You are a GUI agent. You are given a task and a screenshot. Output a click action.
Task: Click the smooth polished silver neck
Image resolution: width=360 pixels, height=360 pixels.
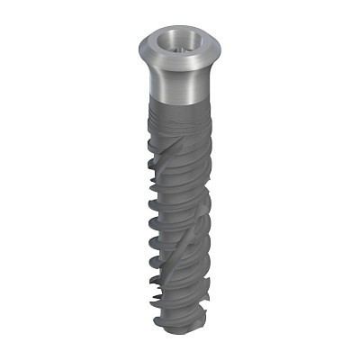[x=180, y=81]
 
